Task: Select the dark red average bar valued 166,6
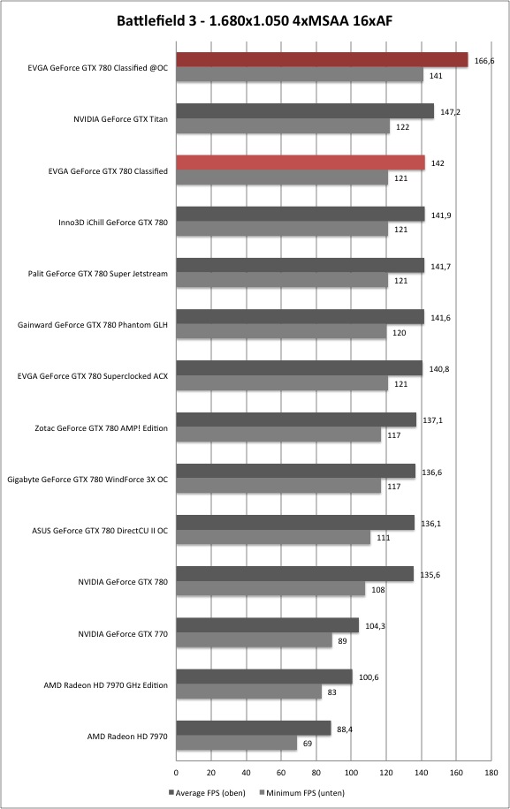[x=322, y=60]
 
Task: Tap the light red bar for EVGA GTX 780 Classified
[x=301, y=163]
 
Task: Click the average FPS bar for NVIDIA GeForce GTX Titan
[x=305, y=111]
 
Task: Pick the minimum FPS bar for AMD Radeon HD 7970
[x=236, y=743]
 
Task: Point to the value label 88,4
[x=345, y=729]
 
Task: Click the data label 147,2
[x=450, y=112]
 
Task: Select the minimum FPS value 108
[x=378, y=590]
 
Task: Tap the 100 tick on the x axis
[x=351, y=773]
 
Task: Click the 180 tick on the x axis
[x=491, y=773]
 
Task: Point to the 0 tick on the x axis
[x=176, y=773]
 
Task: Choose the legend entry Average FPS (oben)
[x=207, y=792]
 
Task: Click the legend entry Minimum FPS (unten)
[x=301, y=792]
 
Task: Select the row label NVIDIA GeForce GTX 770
[x=123, y=633]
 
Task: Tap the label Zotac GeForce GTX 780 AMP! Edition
[x=101, y=427]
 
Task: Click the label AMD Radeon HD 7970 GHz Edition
[x=106, y=685]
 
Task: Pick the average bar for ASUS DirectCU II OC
[x=295, y=522]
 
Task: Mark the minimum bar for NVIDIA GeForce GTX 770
[x=254, y=640]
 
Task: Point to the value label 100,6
[x=369, y=677]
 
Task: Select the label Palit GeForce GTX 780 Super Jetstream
[x=97, y=274]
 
